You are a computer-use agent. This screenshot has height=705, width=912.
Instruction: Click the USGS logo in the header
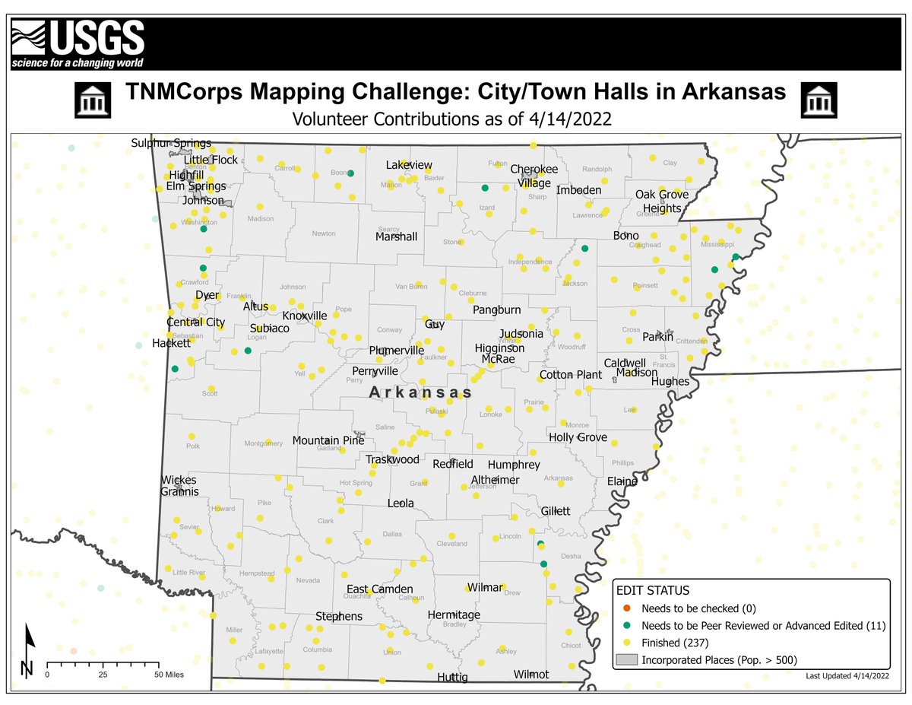[x=78, y=43]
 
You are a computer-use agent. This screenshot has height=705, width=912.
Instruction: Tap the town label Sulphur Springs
[x=170, y=144]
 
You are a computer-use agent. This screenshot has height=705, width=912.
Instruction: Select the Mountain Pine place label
[x=328, y=440]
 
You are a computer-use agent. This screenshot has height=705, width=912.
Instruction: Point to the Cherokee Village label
[x=534, y=176]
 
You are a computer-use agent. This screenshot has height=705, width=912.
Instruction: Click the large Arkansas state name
[x=420, y=392]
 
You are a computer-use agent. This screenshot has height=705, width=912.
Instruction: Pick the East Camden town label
[x=380, y=589]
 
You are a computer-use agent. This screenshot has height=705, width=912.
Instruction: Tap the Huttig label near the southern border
[x=452, y=677]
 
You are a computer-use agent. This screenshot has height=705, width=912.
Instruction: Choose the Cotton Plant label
[x=570, y=375]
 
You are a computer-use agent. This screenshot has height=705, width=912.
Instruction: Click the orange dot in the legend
[x=625, y=608]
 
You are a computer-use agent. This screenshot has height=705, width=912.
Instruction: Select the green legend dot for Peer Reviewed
[x=625, y=625]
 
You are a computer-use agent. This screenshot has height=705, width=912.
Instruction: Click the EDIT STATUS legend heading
[x=653, y=591]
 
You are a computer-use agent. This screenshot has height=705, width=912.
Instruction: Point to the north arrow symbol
[x=28, y=650]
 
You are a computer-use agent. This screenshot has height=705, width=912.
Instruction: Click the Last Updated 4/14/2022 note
[x=846, y=675]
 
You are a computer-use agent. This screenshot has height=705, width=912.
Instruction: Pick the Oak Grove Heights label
[x=662, y=201]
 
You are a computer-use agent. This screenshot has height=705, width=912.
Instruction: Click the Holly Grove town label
[x=578, y=437]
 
